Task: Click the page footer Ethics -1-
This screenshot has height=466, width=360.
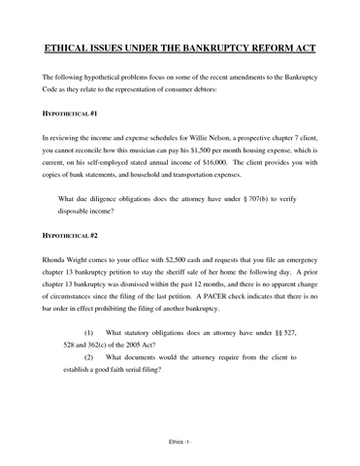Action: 180,452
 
